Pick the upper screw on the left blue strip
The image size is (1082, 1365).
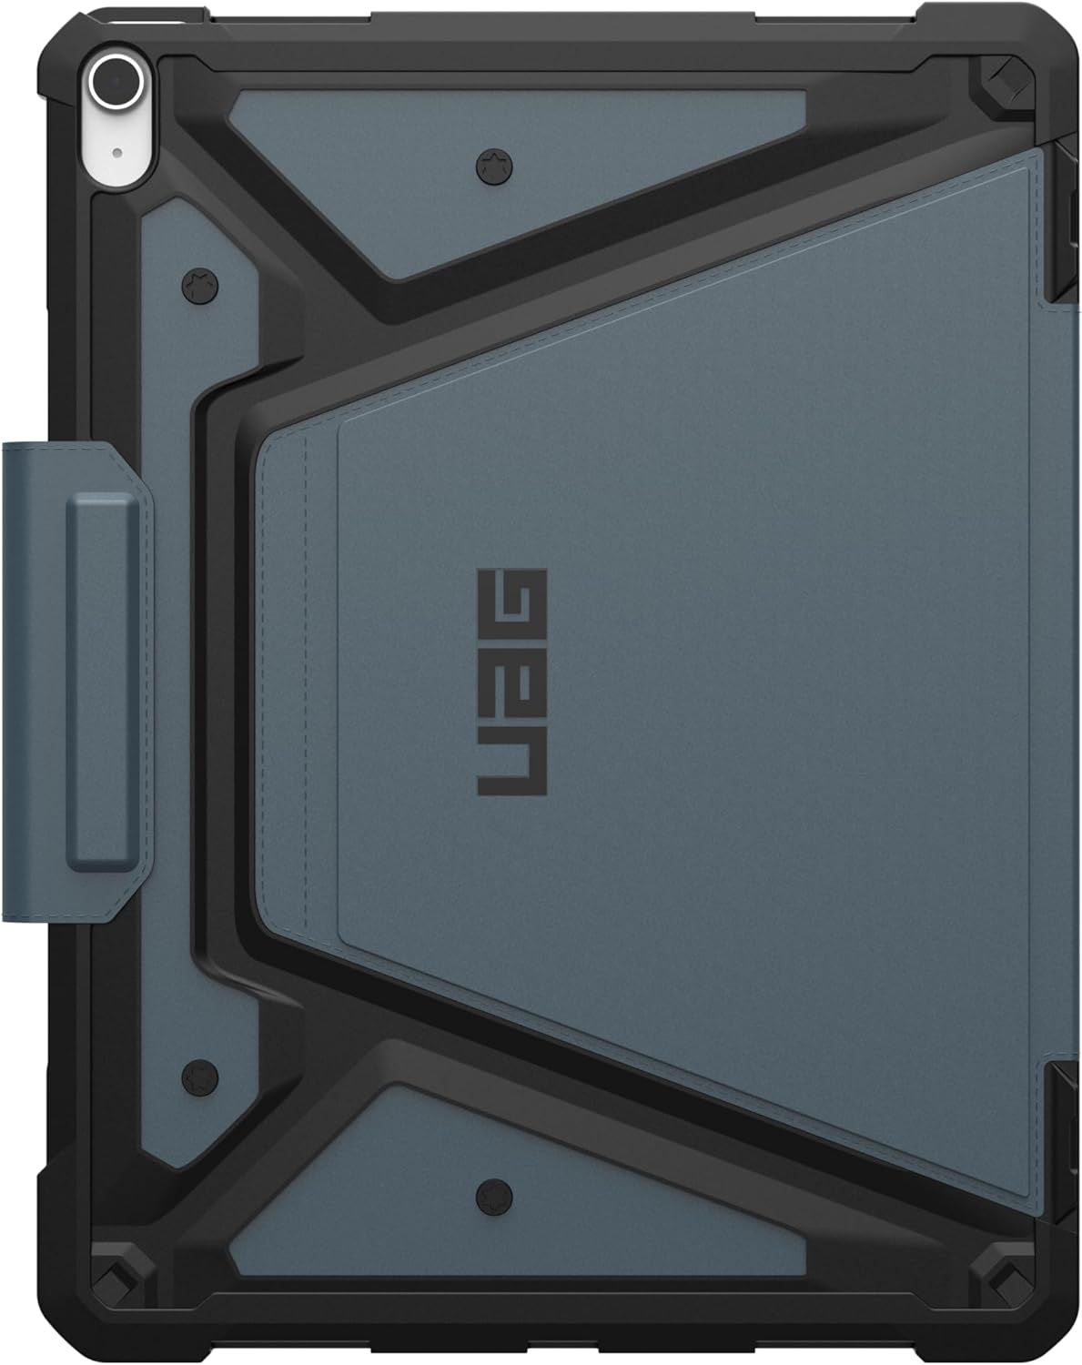tap(199, 285)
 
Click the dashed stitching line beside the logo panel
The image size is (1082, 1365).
tap(306, 682)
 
